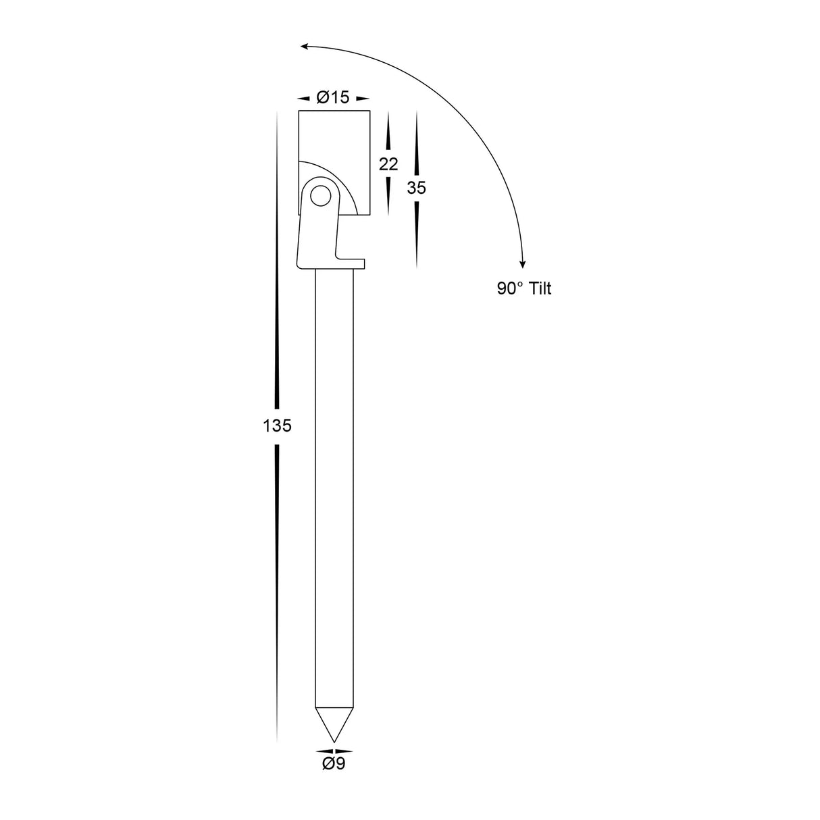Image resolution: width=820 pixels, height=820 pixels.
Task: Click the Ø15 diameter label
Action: pyautogui.click(x=333, y=98)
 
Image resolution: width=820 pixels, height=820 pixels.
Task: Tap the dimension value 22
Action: pyautogui.click(x=388, y=164)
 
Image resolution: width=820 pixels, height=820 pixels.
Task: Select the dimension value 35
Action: pyautogui.click(x=417, y=188)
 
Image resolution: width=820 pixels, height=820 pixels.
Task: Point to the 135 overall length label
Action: pyautogui.click(x=277, y=426)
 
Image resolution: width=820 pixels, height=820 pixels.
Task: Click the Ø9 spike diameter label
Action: pyautogui.click(x=334, y=764)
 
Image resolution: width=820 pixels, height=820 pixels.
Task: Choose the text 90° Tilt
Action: pyautogui.click(x=524, y=289)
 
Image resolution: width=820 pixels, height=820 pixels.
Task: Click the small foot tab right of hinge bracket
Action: pyautogui.click(x=351, y=262)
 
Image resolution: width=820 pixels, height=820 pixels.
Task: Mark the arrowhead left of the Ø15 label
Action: pyautogui.click(x=303, y=99)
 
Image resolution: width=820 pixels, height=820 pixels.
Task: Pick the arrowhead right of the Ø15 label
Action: pyautogui.click(x=363, y=99)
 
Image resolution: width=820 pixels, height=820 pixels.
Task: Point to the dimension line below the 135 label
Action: pyautogui.click(x=277, y=588)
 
